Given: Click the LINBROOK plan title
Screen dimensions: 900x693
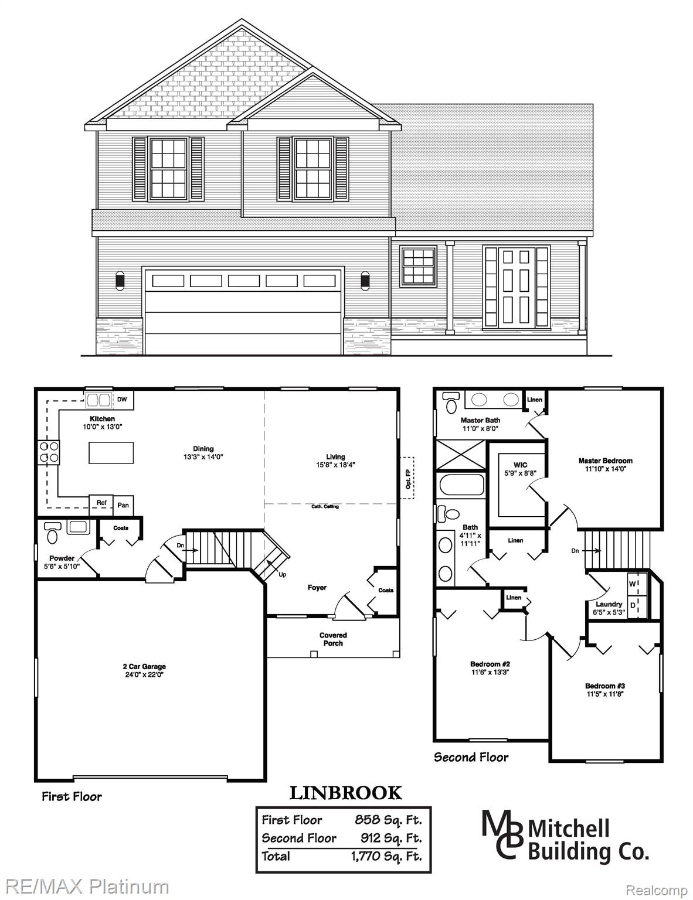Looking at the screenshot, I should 346,793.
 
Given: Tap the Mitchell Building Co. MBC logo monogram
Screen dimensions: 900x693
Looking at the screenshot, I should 502,834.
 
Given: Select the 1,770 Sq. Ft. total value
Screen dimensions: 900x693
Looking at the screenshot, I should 386,856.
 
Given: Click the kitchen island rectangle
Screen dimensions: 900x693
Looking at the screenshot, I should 111,453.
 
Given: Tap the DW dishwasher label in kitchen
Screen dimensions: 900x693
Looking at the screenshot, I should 122,400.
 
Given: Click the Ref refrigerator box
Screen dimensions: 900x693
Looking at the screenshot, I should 101,503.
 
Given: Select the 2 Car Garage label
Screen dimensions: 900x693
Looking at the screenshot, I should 144,666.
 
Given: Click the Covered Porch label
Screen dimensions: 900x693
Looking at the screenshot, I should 333,639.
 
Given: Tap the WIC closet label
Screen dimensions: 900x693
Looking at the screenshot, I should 519,465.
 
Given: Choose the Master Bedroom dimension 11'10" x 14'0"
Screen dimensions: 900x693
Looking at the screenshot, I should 605,469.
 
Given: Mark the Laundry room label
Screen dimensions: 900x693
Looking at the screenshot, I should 609,604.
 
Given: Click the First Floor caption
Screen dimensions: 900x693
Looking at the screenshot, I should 72,796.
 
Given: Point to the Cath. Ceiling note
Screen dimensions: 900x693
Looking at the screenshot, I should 324,506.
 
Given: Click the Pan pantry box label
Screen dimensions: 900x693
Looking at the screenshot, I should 123,504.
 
